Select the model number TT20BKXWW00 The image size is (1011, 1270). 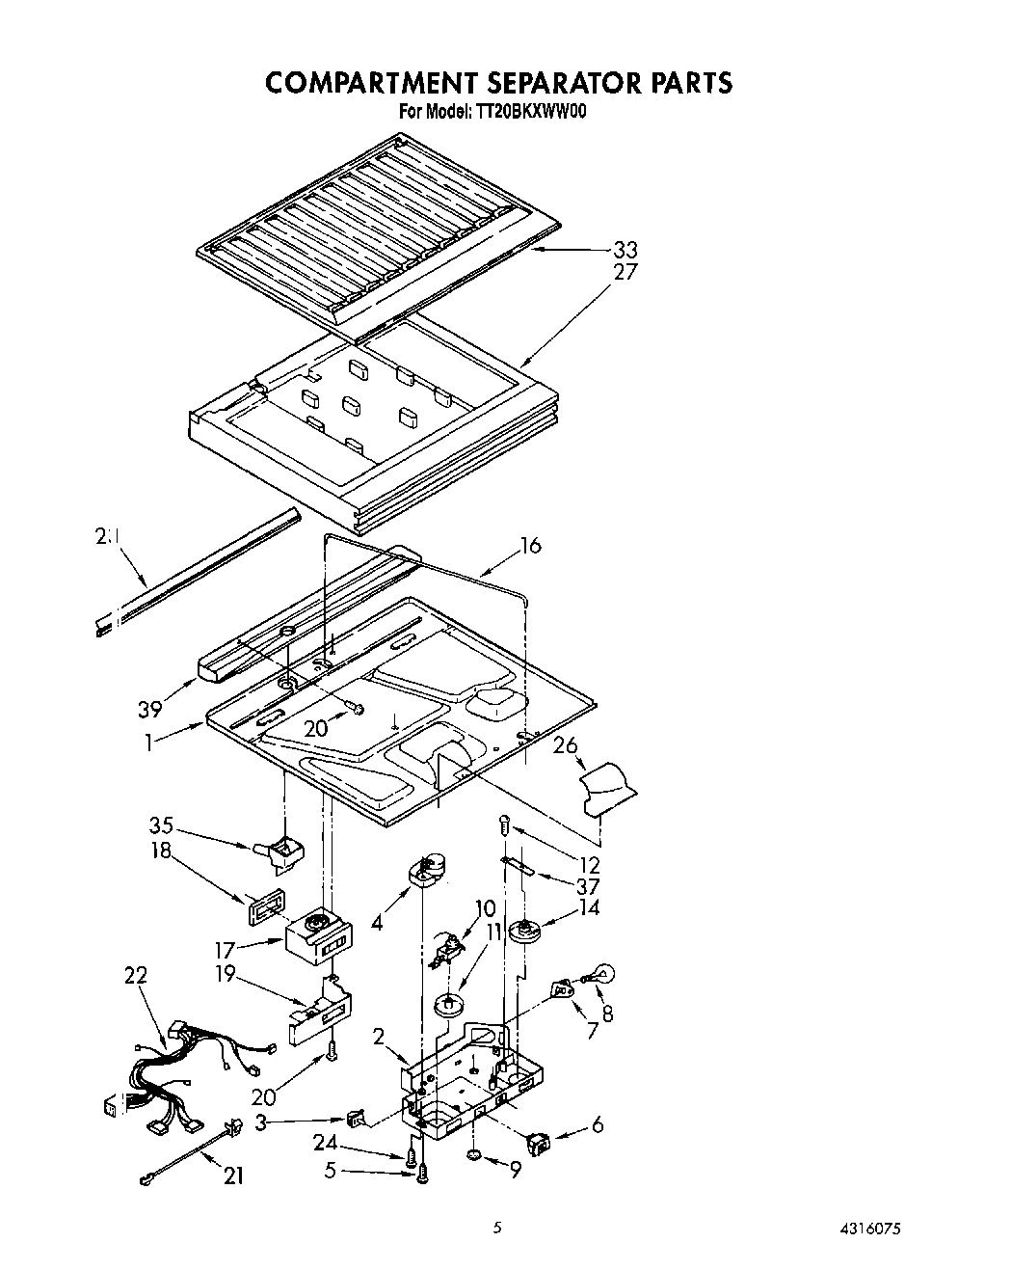(x=530, y=112)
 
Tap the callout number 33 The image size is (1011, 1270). (x=625, y=251)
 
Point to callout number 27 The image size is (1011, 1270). (x=625, y=272)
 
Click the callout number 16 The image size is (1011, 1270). (x=530, y=546)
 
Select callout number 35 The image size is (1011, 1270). (x=161, y=825)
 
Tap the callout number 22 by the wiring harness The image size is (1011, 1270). (x=136, y=975)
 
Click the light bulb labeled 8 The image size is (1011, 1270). (x=599, y=975)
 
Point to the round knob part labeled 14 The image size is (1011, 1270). (x=526, y=932)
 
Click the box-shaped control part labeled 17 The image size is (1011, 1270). (x=319, y=936)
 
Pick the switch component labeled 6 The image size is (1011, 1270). (x=539, y=1144)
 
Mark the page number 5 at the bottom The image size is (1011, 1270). (x=497, y=1229)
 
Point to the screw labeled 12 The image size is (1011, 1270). (x=503, y=824)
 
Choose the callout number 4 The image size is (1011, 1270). (x=377, y=922)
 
